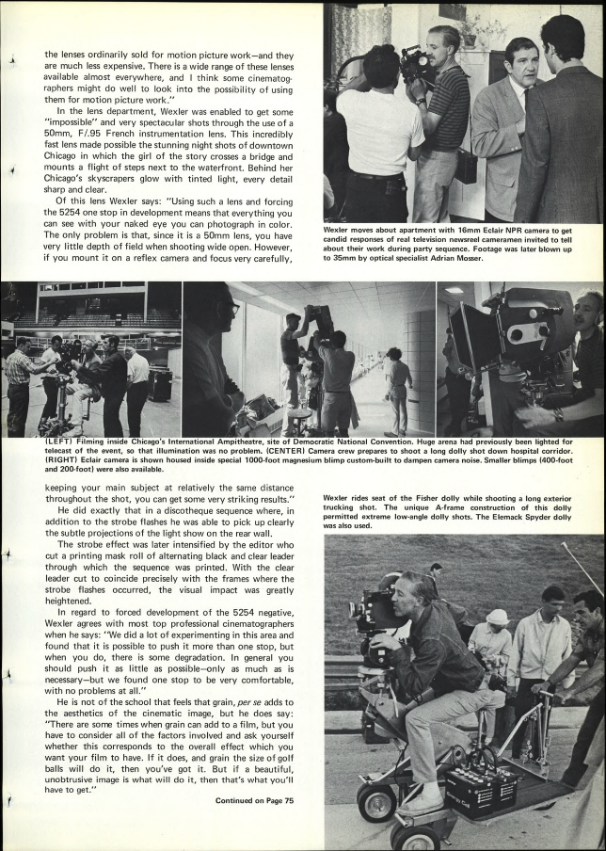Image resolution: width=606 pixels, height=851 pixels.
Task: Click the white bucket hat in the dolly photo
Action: [497, 618]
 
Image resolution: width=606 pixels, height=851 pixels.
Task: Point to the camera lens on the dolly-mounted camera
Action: [356, 610]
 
